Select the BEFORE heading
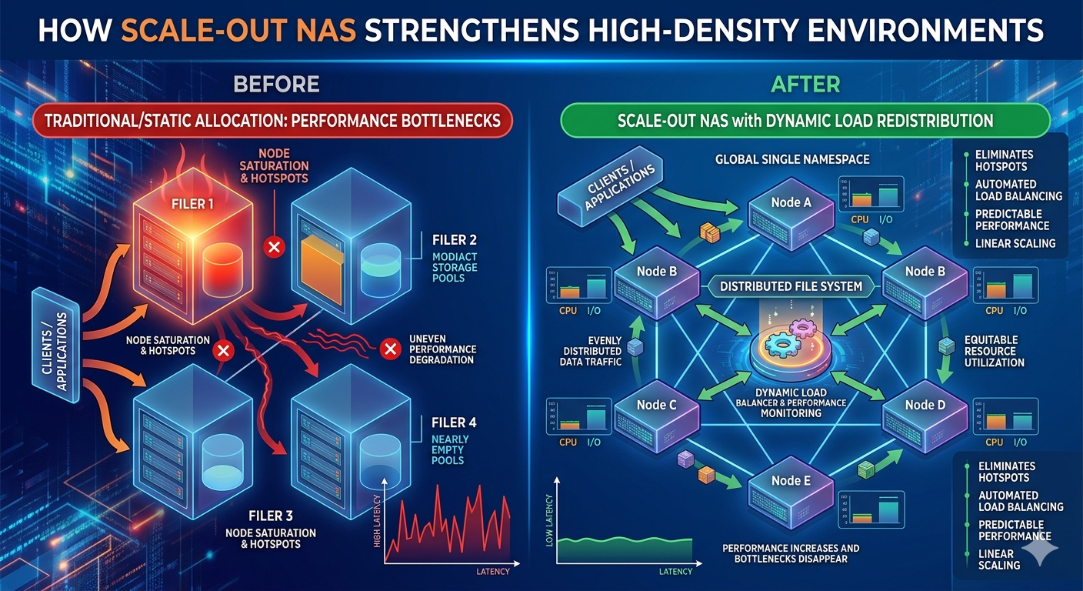point(275,83)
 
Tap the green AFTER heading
point(805,83)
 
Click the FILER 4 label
point(454,422)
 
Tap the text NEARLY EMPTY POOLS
point(450,449)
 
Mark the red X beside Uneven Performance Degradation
point(390,349)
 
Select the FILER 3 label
point(270,515)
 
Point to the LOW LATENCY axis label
point(548,524)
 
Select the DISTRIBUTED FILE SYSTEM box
point(791,286)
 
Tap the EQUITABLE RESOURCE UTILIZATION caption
point(994,351)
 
